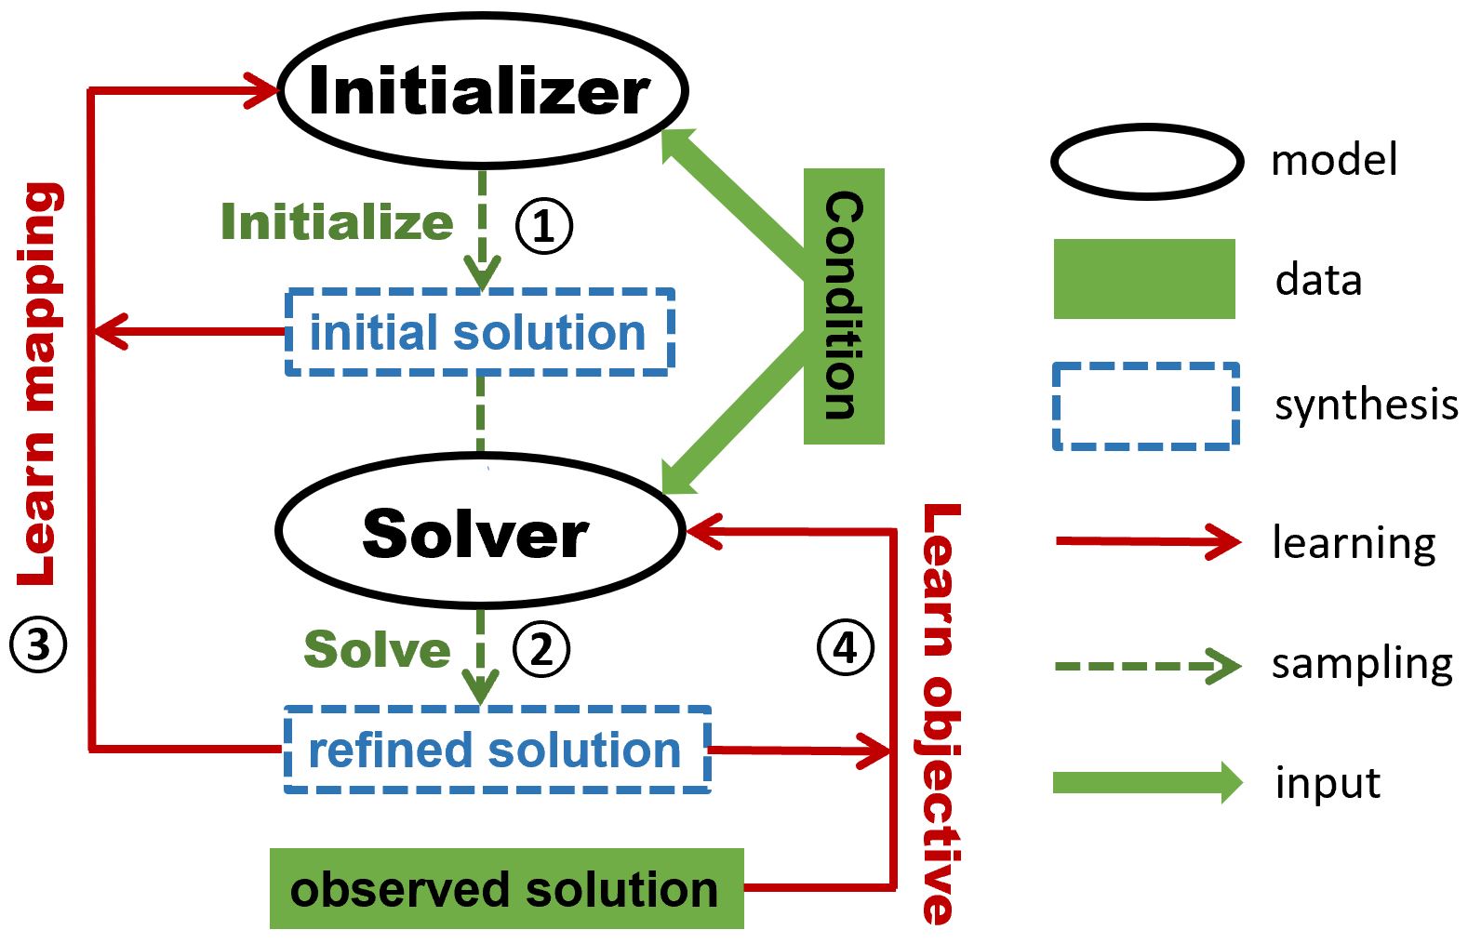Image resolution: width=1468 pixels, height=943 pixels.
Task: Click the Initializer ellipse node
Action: coord(482,90)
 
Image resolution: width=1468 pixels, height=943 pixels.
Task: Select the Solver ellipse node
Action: coord(479,531)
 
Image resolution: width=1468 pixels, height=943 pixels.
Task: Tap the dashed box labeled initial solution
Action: coord(479,332)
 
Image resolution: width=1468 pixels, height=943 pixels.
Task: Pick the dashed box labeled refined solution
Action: coord(497,750)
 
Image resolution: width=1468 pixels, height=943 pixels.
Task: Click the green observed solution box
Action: coord(506,888)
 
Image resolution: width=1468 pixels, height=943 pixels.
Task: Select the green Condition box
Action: coord(844,306)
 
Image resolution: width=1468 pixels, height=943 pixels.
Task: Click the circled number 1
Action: coord(544,226)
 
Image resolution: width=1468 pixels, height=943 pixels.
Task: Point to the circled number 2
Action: coord(541,648)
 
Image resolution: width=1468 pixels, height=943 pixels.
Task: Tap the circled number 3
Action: coord(38,644)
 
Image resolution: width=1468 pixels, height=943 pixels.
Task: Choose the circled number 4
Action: coord(845,647)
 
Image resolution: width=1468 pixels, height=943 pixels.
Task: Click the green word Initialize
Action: coord(337,222)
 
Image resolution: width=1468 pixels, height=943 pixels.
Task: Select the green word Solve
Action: coord(377,648)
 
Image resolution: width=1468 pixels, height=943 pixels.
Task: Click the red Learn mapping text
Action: coord(40,384)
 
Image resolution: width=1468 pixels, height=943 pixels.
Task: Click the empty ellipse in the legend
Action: coord(1146,162)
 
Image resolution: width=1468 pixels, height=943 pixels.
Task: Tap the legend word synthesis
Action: coord(1366,405)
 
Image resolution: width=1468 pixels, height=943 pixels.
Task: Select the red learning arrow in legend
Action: coord(1147,541)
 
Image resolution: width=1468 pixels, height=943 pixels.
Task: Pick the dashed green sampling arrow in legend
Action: coord(1147,666)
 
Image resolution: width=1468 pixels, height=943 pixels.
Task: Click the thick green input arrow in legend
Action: coord(1147,782)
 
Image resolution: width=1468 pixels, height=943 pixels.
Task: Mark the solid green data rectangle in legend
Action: coord(1144,279)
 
